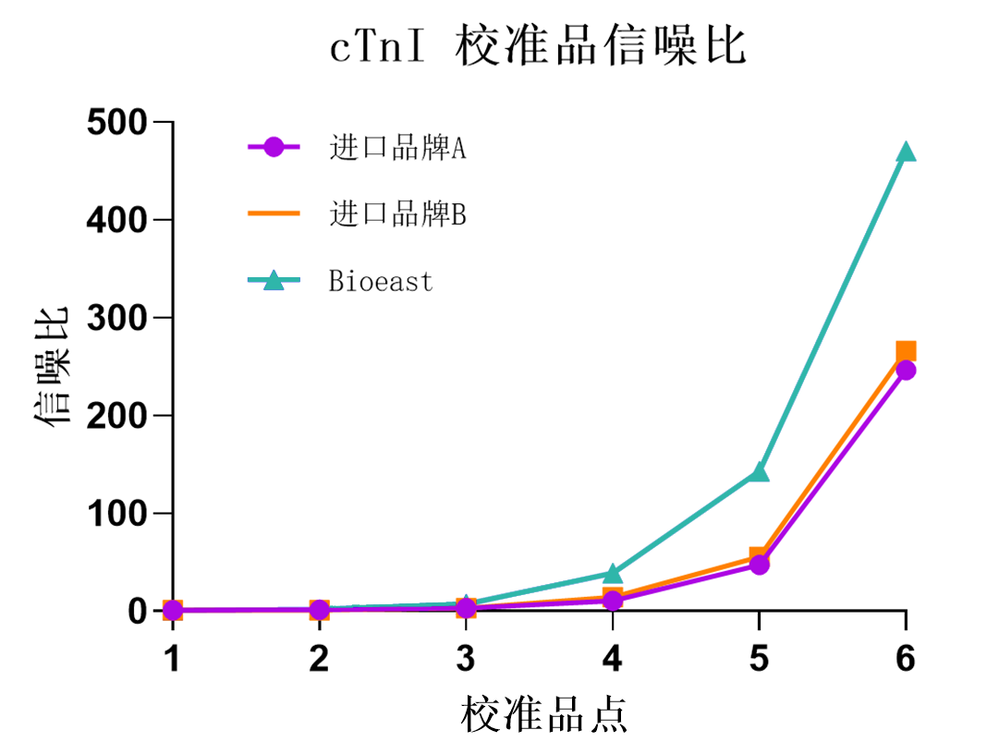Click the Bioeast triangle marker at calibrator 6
906,152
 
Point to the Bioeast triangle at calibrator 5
759,472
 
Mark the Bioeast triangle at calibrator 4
612,574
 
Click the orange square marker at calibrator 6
906,351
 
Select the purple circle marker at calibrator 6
906,370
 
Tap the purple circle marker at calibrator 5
759,565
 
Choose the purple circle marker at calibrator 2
319,610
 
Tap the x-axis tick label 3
466,659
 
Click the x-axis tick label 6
906,659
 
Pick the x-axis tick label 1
172,659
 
